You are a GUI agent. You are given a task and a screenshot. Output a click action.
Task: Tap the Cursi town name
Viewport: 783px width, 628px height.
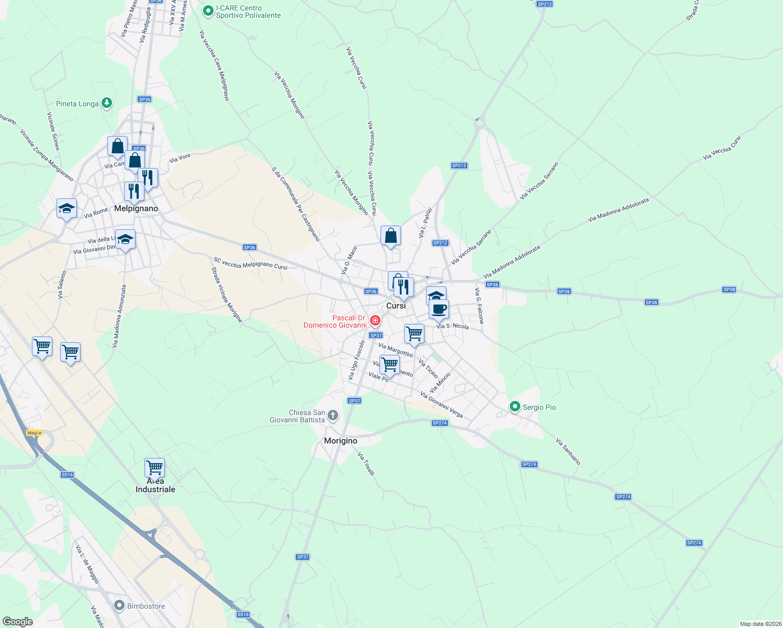point(396,306)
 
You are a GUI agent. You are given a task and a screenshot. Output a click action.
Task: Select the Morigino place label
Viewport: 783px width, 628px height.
point(340,441)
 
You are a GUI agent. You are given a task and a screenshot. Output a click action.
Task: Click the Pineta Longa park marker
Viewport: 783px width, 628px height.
point(107,103)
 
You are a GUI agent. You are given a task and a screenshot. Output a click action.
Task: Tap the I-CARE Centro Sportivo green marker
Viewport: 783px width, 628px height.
point(208,10)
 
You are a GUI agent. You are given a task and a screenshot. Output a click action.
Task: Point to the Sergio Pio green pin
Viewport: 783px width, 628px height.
point(515,407)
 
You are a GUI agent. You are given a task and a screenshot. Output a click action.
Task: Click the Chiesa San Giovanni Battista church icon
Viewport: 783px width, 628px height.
point(333,416)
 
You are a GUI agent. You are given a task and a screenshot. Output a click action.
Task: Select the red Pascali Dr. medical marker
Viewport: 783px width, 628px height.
point(375,320)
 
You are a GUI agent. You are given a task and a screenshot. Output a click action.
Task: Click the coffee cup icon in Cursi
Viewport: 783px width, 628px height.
point(439,309)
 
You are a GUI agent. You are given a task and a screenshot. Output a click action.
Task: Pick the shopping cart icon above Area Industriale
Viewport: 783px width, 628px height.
point(154,467)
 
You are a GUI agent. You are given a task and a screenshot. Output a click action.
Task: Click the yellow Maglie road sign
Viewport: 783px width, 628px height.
point(34,433)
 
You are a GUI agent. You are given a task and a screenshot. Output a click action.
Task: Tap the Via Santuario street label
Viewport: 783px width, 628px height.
point(568,452)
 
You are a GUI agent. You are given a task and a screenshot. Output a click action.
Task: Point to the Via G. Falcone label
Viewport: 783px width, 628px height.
point(479,306)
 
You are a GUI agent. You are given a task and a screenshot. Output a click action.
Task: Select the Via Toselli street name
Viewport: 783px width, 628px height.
point(366,464)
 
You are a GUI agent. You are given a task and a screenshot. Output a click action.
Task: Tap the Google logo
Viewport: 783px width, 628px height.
point(17,622)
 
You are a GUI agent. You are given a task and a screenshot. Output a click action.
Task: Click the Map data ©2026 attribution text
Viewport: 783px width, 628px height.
point(760,624)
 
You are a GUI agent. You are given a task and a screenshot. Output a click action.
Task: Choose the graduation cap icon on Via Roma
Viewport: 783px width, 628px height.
point(66,209)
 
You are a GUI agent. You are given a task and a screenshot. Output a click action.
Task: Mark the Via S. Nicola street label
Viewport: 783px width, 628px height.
point(453,326)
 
